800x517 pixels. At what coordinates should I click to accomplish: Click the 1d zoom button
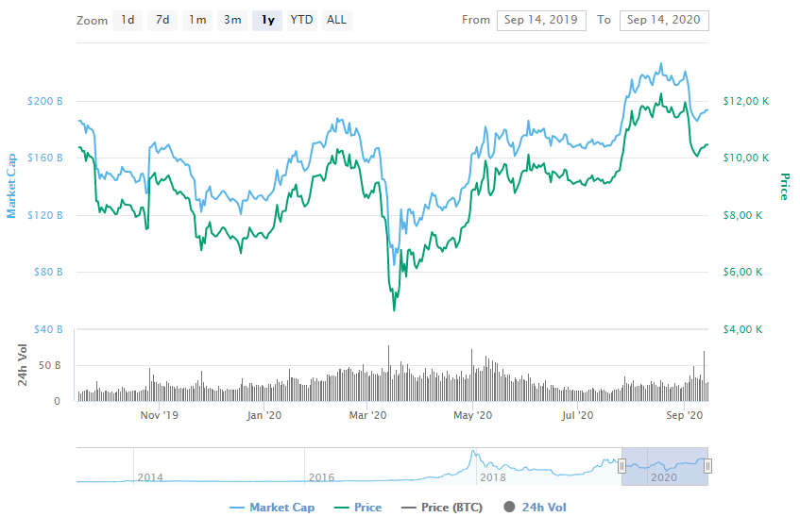click(x=128, y=20)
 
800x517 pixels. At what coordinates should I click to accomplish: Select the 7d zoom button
click(x=162, y=20)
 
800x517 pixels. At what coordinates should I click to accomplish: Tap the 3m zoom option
click(x=232, y=20)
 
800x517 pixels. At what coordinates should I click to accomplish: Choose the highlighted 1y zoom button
click(x=268, y=20)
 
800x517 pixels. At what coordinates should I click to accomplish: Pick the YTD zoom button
click(x=302, y=20)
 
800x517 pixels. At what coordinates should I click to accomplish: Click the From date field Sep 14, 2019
click(x=541, y=20)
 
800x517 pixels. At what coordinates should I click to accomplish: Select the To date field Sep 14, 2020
click(x=664, y=20)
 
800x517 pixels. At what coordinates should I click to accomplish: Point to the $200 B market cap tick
click(x=46, y=101)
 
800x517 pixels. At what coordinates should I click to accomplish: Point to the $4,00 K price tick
click(x=742, y=330)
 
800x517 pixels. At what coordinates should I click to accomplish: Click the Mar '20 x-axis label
click(x=368, y=415)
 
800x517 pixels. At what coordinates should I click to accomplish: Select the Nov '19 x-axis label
click(x=159, y=415)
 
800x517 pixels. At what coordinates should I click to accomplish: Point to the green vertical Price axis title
click(x=783, y=187)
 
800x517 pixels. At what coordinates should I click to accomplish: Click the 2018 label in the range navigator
click(x=492, y=477)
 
